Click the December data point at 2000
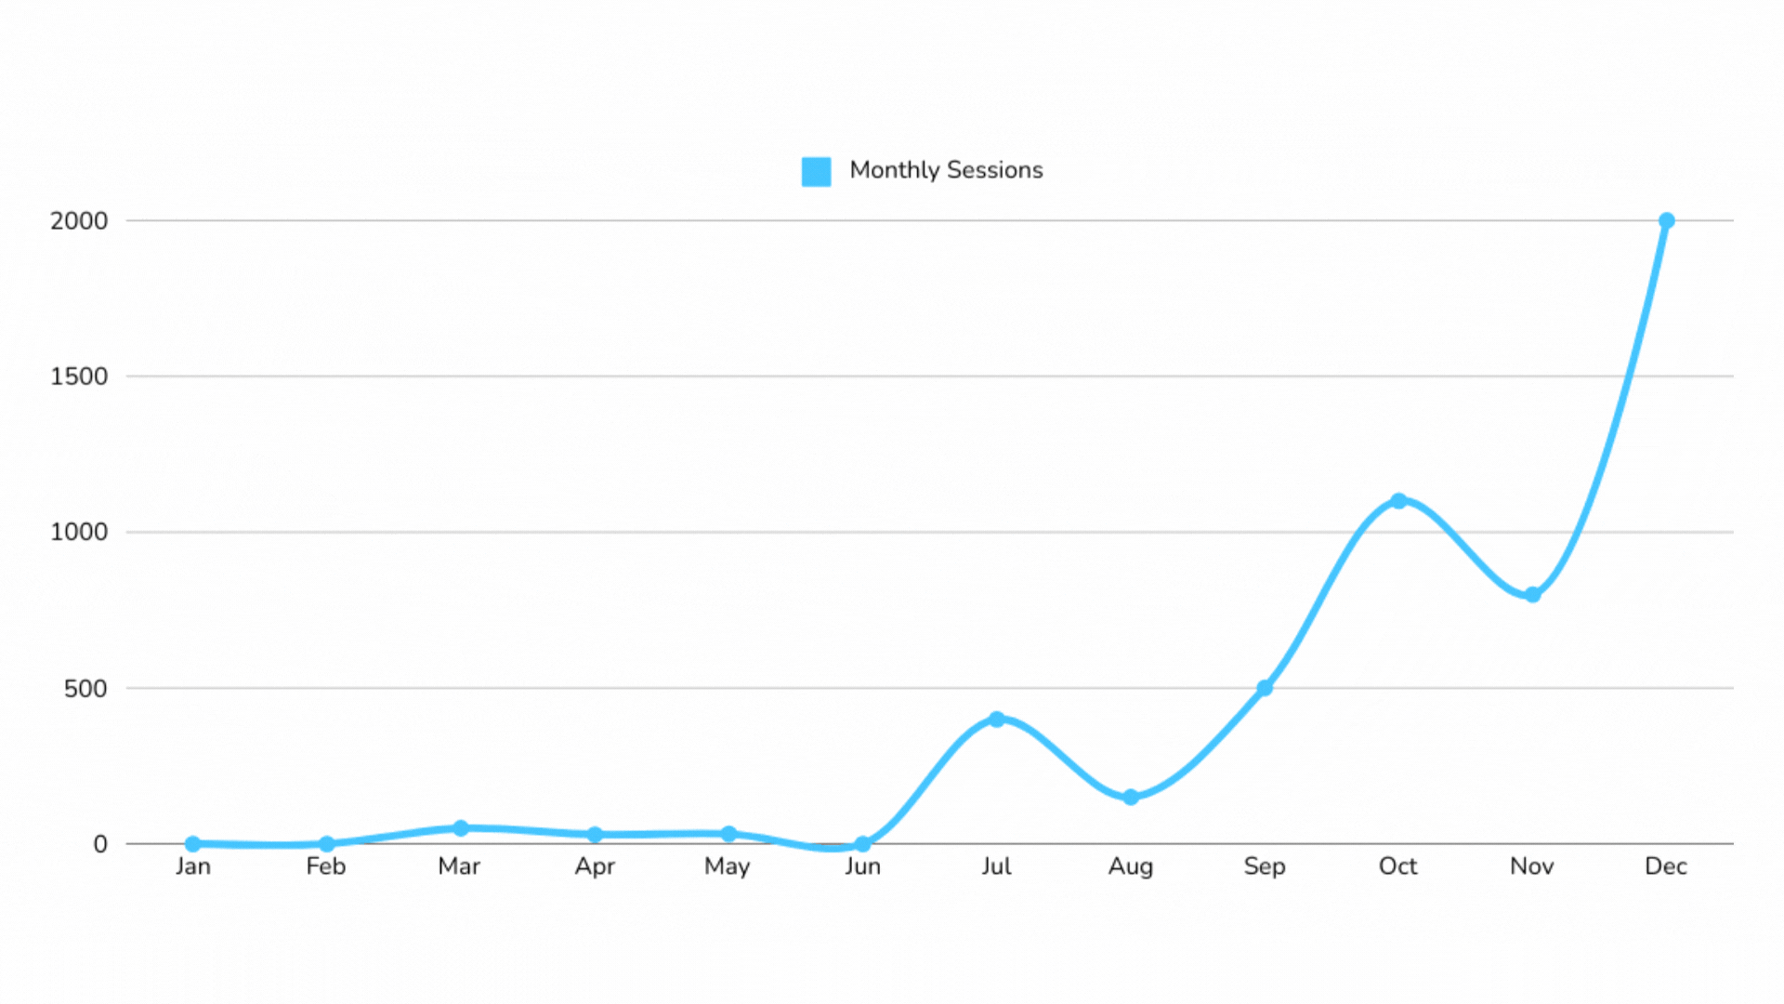[1666, 221]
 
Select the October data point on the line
[1398, 501]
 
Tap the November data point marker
[1532, 595]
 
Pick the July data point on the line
[997, 720]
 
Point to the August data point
[1131, 798]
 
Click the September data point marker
[1265, 688]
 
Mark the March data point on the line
[461, 828]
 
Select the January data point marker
[193, 844]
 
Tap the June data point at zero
[863, 844]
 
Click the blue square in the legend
[816, 171]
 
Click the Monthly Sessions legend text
[946, 170]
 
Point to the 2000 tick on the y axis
[79, 221]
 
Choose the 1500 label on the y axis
[79, 376]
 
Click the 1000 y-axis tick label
[79, 533]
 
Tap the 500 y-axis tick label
[85, 689]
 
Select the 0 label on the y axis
[100, 844]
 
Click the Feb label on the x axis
[326, 866]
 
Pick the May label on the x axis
[727, 866]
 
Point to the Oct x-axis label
[1397, 866]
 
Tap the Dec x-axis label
[1665, 866]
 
